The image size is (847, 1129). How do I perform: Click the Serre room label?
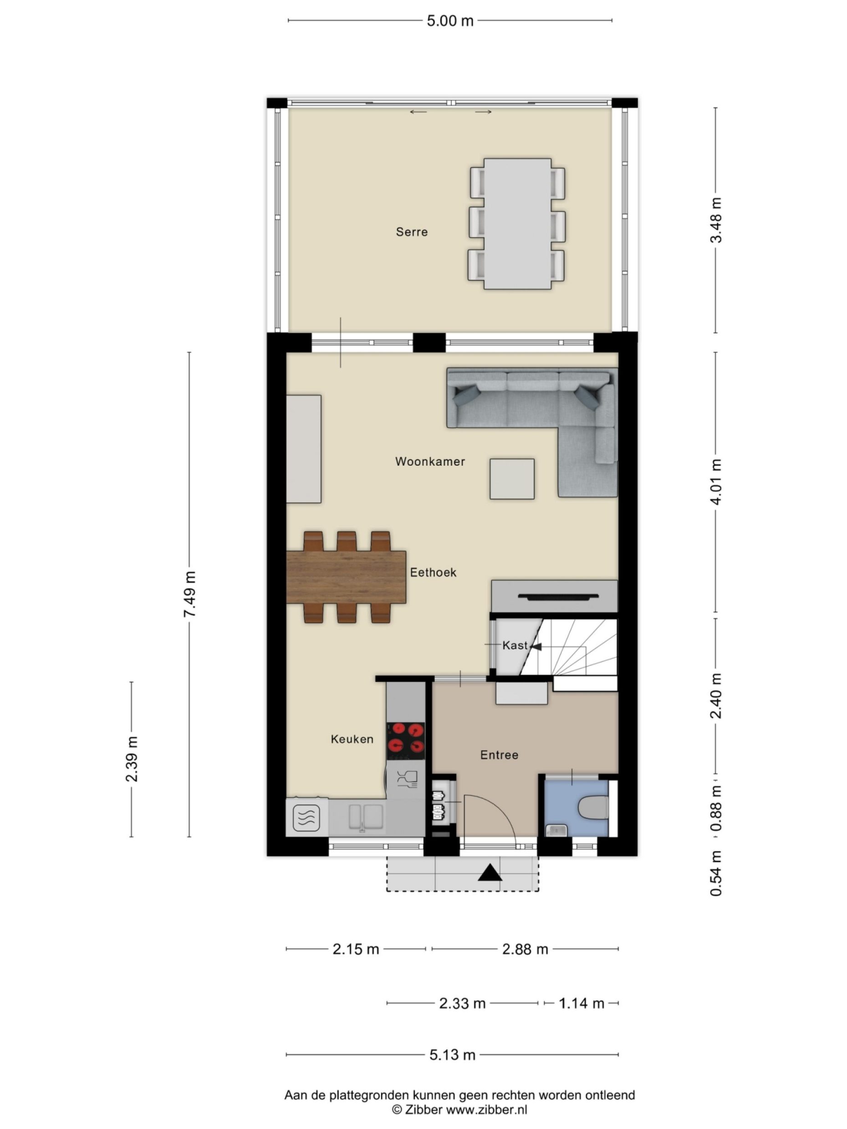tap(412, 232)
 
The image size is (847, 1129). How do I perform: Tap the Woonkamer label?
tap(430, 462)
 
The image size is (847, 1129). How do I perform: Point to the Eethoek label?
tap(433, 572)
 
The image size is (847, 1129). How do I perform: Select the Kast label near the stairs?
tap(514, 645)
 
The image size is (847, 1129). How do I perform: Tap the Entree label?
tap(499, 755)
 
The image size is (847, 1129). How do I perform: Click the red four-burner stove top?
tap(406, 741)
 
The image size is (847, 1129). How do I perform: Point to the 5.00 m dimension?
tap(450, 21)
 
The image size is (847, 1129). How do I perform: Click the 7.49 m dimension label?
tap(189, 594)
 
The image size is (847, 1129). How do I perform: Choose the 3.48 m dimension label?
tap(716, 220)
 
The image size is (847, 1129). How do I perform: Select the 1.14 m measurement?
tap(581, 1003)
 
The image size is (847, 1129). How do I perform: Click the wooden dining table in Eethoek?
tap(346, 577)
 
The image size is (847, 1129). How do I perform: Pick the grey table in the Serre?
tap(517, 224)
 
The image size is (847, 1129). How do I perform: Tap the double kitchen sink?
tap(366, 817)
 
